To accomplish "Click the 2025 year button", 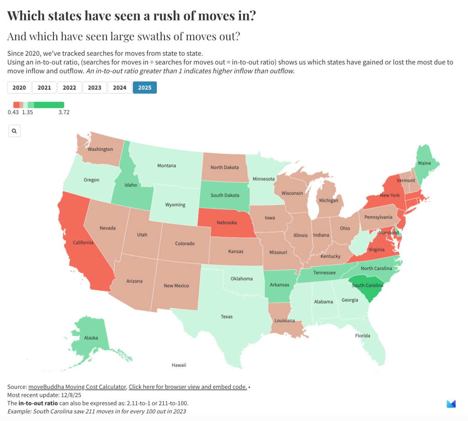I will point(144,87).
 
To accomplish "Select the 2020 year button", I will point(19,87).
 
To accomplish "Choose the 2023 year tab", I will point(95,87).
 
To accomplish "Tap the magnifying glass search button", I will point(14,131).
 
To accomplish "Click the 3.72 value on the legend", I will point(64,112).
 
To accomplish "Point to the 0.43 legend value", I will point(13,112).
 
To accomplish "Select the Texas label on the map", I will point(227,316).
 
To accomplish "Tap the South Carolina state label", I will point(367,285).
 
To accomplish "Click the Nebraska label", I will point(226,223).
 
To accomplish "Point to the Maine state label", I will point(425,163).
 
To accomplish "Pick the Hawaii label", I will point(179,365).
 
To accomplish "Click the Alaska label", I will point(91,338).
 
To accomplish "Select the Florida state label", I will point(362,336).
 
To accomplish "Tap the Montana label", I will point(166,165).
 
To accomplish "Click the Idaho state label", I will point(131,185).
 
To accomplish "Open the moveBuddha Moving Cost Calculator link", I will point(77,387).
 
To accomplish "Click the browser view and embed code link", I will point(187,387).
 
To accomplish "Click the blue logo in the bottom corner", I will point(451,404).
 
